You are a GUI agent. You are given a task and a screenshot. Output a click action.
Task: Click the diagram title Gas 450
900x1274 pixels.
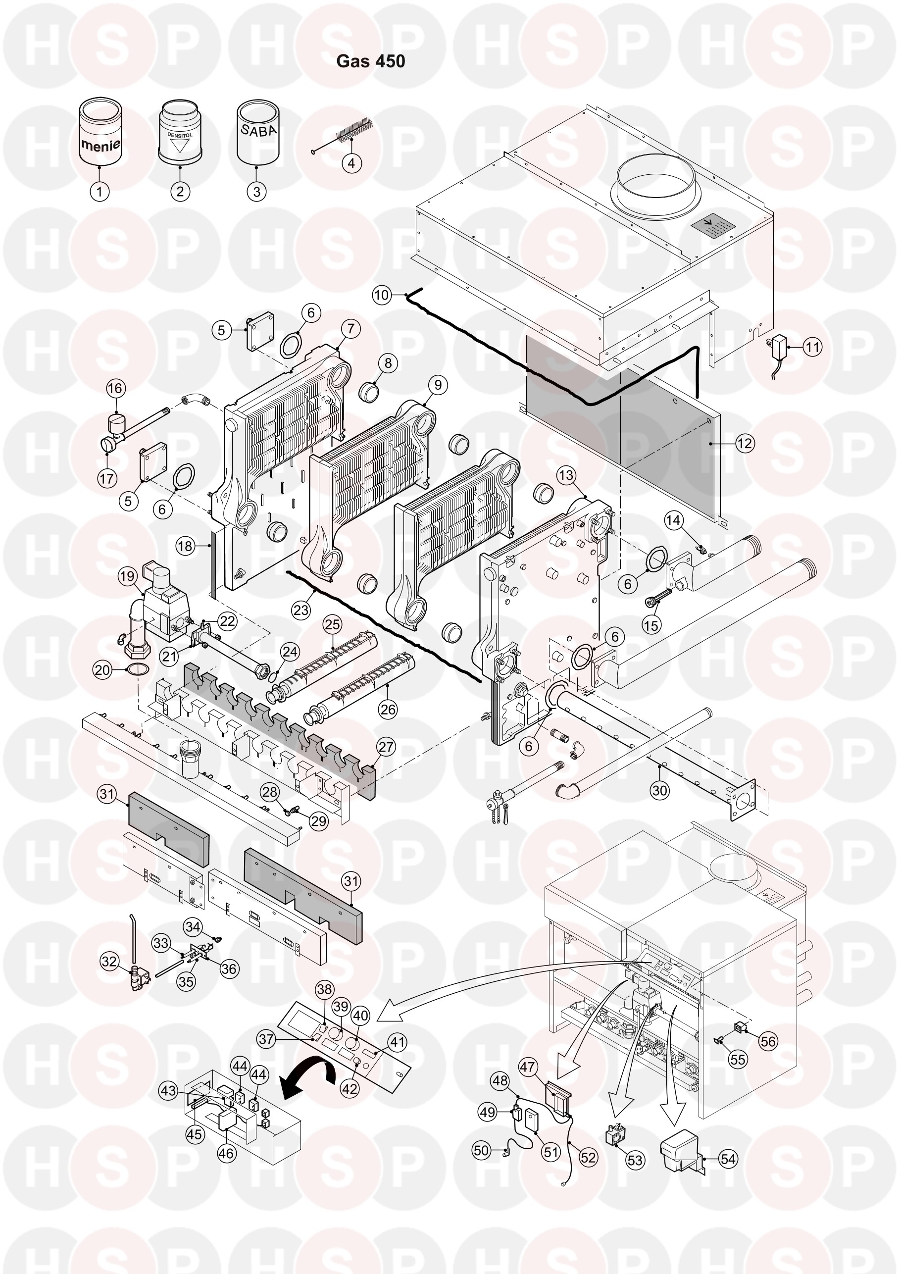(371, 61)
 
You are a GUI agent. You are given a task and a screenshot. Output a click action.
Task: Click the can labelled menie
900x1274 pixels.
(100, 132)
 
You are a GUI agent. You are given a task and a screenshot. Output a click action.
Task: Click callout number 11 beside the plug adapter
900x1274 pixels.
(812, 348)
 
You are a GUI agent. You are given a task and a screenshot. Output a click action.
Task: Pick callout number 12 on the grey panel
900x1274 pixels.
(745, 443)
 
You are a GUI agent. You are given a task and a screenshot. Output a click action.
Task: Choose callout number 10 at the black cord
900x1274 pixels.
(381, 295)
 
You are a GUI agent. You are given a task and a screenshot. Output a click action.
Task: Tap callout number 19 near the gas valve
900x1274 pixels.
(128, 576)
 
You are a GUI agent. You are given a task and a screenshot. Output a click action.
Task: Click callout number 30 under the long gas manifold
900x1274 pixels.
(660, 790)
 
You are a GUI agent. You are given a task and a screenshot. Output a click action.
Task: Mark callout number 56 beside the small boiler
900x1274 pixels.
(768, 1041)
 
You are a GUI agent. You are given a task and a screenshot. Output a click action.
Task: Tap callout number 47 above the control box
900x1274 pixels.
(527, 1067)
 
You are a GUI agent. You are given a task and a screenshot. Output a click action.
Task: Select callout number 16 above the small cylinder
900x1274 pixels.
(115, 388)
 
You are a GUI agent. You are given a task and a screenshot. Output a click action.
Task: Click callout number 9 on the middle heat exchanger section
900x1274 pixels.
(438, 385)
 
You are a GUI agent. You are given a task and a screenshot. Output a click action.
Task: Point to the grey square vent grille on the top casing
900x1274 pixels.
(713, 226)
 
